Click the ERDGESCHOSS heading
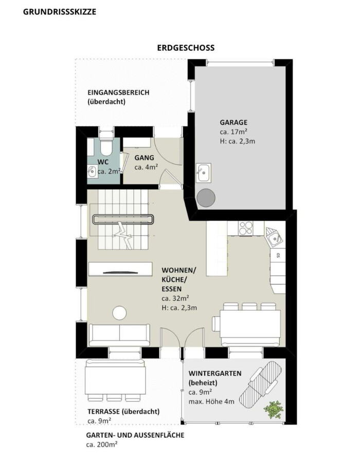click(x=186, y=48)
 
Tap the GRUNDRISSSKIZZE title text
click(x=60, y=12)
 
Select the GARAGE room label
click(x=233, y=122)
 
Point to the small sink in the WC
click(x=92, y=172)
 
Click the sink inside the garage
click(x=204, y=172)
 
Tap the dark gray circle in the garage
click(x=206, y=198)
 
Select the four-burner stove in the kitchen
click(x=245, y=228)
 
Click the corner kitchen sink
click(x=275, y=236)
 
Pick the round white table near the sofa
click(x=119, y=313)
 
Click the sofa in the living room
click(x=119, y=335)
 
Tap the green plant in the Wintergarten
click(x=274, y=410)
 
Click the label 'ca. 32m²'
click(x=175, y=299)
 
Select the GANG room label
click(x=145, y=158)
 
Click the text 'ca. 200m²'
click(x=102, y=445)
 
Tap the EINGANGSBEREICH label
click(x=118, y=93)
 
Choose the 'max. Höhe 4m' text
click(x=211, y=402)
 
